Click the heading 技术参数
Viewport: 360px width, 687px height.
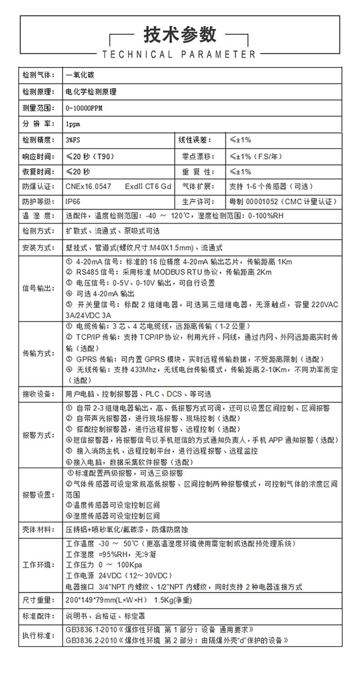point(180,34)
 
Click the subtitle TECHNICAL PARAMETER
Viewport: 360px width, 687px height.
point(180,55)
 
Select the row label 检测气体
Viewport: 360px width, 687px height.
point(38,75)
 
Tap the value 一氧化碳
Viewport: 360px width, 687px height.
point(80,75)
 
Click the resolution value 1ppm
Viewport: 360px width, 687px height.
point(73,124)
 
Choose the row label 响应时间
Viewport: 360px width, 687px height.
point(38,156)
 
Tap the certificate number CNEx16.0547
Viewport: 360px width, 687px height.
point(88,186)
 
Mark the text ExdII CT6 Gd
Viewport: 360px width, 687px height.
point(148,186)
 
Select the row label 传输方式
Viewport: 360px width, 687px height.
point(38,353)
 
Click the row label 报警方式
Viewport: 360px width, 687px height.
point(38,435)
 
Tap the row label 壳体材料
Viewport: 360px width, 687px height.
point(38,530)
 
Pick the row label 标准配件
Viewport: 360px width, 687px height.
point(38,616)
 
